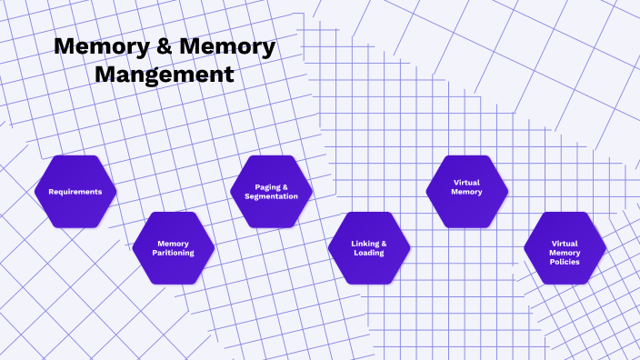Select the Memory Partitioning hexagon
(x=173, y=248)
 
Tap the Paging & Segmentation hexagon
(x=271, y=192)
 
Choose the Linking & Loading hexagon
(x=369, y=248)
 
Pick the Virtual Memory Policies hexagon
(x=565, y=248)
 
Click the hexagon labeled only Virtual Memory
(x=466, y=192)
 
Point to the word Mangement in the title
(x=164, y=74)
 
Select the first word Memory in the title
(x=96, y=47)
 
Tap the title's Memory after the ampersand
(x=222, y=47)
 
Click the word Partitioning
(x=173, y=253)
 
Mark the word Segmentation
(x=271, y=196)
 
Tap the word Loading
(x=369, y=253)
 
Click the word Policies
(x=565, y=262)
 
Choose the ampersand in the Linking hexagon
(x=384, y=243)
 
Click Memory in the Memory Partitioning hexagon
(x=173, y=243)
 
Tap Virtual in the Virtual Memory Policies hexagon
(x=565, y=243)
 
